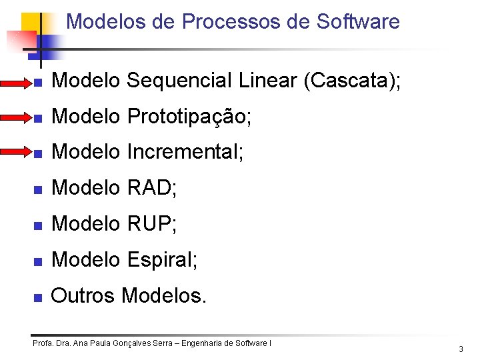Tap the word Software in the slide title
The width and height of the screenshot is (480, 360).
(358, 21)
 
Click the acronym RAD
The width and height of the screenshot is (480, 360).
(151, 189)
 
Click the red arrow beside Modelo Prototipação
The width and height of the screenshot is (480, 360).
(19, 118)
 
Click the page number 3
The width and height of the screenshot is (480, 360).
(461, 349)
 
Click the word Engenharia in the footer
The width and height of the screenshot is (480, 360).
(205, 343)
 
